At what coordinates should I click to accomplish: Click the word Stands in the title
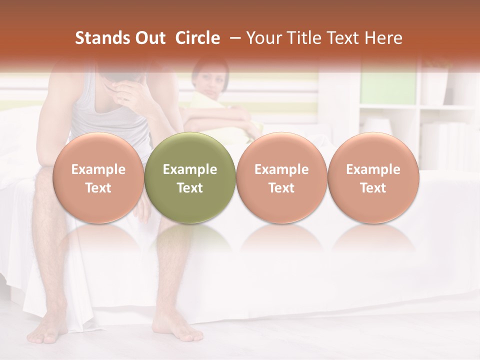[x=95, y=38]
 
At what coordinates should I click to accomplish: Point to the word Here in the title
[x=384, y=38]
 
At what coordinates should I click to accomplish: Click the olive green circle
[x=190, y=178]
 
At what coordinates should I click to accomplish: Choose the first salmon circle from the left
[x=98, y=178]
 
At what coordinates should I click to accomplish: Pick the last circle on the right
[x=373, y=178]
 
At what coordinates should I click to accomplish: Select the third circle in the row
[x=281, y=178]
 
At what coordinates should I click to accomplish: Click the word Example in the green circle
[x=190, y=169]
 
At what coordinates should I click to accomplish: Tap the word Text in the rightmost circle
[x=373, y=188]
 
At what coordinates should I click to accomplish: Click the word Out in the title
[x=144, y=38]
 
